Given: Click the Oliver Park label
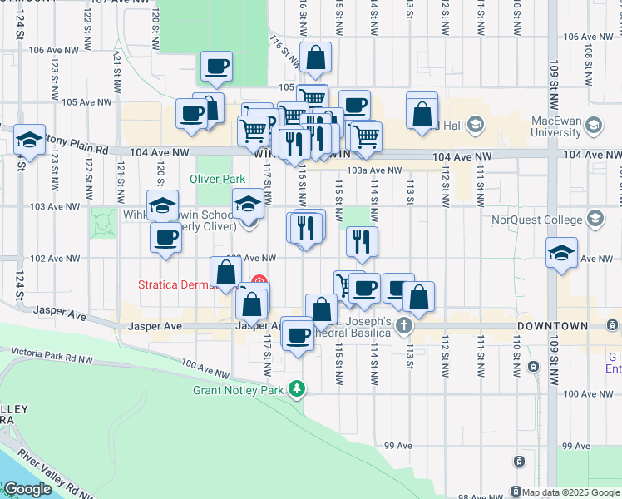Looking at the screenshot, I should coord(217,179).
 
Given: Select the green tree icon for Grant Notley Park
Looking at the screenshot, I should coord(296,388).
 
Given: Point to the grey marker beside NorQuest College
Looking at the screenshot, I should coord(595,218).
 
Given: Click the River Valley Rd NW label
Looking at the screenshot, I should coord(67,453).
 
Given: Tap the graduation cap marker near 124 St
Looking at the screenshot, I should coord(29,139).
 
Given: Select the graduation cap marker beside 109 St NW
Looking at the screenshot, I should coord(561,252).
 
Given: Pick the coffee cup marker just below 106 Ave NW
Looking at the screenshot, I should coord(216,66).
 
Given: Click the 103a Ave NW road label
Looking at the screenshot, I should coord(368,170).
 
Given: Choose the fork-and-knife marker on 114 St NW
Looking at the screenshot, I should coord(362,241).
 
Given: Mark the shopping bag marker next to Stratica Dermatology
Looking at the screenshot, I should coord(226,272).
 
